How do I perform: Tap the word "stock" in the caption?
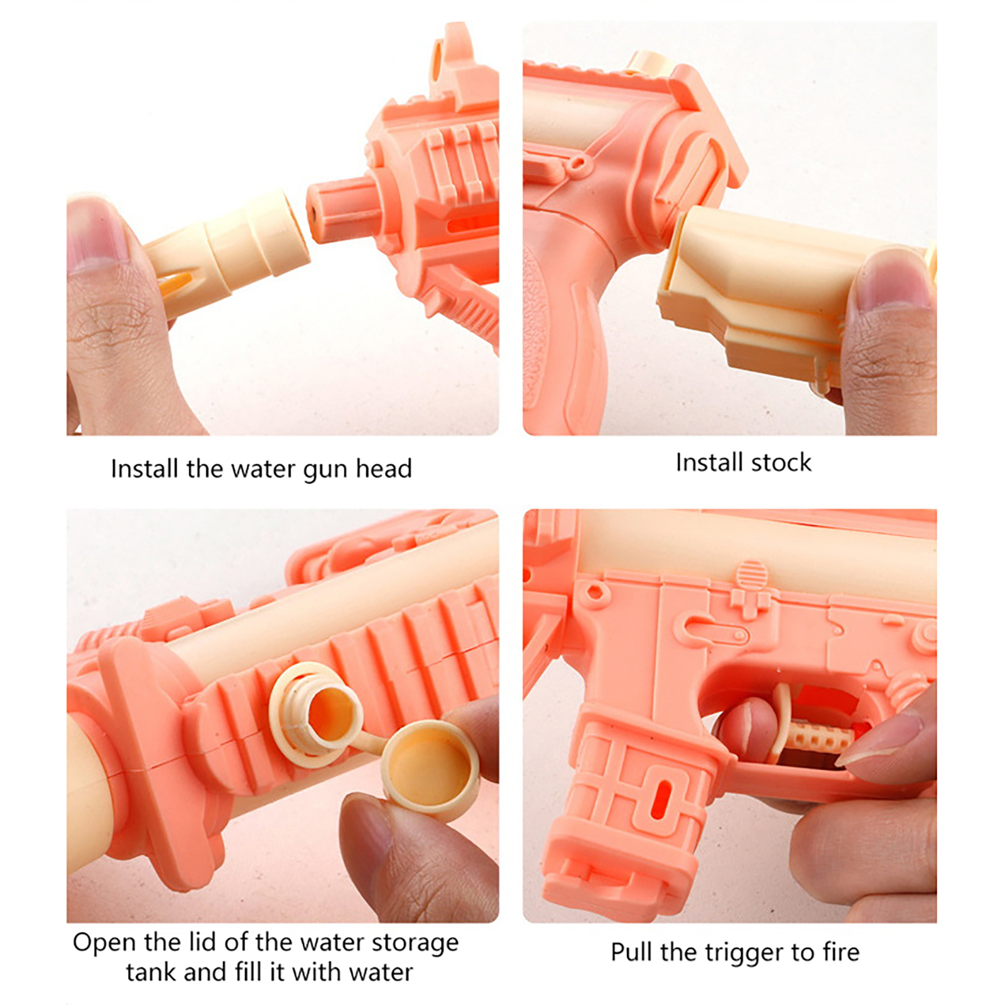point(781,462)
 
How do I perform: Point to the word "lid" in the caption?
point(204,942)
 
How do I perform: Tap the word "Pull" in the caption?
point(632,952)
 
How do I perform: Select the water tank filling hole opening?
point(333,714)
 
